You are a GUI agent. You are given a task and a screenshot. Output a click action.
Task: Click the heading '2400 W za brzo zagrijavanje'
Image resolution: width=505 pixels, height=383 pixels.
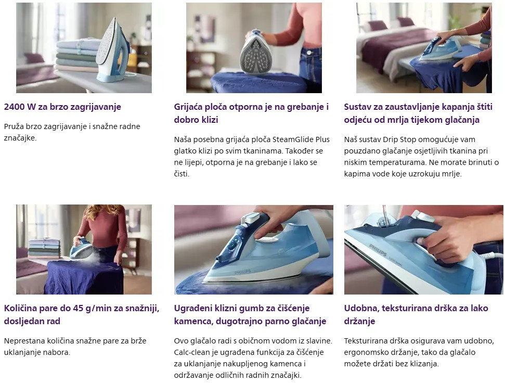coord(62,107)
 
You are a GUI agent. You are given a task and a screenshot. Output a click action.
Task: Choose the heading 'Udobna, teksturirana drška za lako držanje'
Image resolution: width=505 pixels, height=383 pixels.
coord(416,315)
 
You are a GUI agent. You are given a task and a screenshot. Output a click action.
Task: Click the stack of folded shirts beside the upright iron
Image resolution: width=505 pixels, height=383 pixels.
coord(78,55)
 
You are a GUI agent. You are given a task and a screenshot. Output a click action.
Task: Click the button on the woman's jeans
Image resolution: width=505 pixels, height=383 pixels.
coord(309,53)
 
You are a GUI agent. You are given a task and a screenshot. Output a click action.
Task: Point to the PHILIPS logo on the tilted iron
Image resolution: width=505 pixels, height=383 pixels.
coord(378,250)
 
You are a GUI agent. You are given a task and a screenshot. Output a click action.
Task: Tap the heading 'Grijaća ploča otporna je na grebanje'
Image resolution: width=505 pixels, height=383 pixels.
coord(251,107)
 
